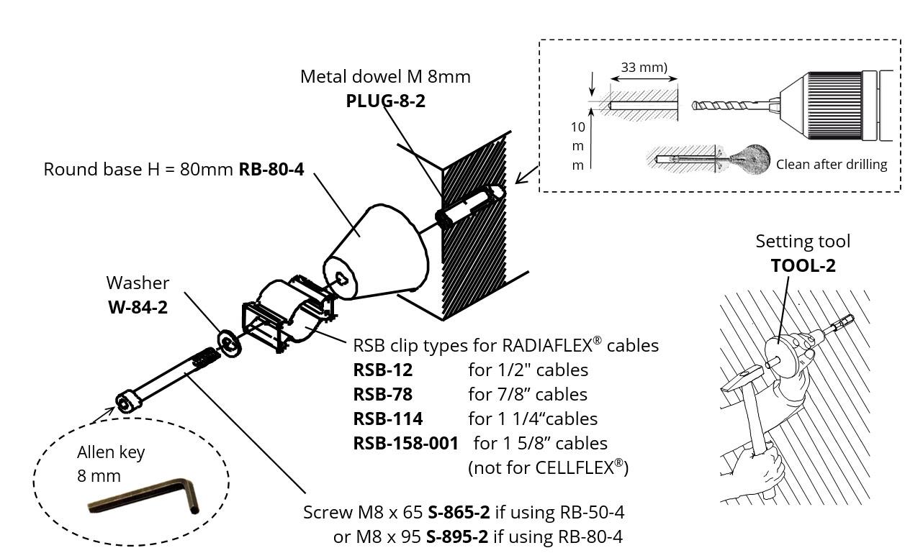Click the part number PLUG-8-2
[385, 101]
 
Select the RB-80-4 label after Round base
[271, 170]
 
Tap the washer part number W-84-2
[138, 307]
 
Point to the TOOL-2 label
[803, 265]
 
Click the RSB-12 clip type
[382, 370]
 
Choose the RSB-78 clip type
[382, 394]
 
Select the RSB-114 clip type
[387, 419]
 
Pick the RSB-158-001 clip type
[405, 443]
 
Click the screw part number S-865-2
[459, 513]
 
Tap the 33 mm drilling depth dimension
[642, 68]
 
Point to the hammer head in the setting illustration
[741, 378]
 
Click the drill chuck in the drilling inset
[835, 105]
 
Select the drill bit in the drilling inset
[727, 105]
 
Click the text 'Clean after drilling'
[831, 164]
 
